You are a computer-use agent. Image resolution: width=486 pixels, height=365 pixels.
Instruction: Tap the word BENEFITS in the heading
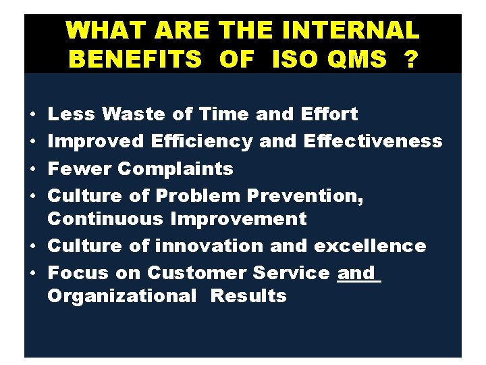(x=135, y=59)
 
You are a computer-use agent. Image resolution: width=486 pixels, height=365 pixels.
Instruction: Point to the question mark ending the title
(x=409, y=59)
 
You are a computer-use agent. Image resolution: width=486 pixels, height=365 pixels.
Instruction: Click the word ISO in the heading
(x=294, y=59)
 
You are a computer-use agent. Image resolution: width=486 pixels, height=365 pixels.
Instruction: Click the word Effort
(x=331, y=115)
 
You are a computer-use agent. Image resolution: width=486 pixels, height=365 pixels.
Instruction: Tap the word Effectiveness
(x=373, y=141)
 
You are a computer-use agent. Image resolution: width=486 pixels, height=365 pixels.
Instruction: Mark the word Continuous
(x=106, y=219)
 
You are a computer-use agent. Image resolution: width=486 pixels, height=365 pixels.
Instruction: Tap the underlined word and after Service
(x=356, y=273)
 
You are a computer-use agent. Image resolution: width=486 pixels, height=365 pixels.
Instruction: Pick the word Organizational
(x=122, y=296)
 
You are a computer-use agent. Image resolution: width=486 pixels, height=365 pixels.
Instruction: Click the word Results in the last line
(x=248, y=296)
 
